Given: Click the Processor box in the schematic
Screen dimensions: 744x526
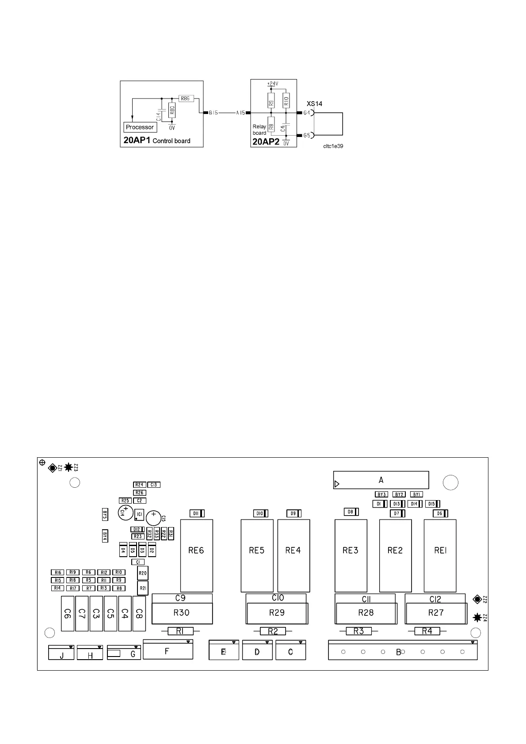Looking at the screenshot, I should (140, 127).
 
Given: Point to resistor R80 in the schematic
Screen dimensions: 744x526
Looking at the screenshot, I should (172, 110).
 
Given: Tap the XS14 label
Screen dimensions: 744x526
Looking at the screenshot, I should (315, 104).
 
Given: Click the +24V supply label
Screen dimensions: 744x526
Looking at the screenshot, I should (272, 84).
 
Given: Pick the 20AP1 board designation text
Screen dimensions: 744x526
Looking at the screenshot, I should (137, 140).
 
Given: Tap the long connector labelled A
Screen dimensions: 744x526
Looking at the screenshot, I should (381, 480).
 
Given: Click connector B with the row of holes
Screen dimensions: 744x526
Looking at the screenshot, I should (402, 652).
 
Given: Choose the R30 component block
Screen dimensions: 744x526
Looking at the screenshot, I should (182, 613).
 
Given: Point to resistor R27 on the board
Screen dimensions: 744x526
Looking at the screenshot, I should (436, 613).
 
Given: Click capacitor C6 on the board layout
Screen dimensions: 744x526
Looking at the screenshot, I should (67, 613).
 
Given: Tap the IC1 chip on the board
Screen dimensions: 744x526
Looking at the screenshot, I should (139, 514).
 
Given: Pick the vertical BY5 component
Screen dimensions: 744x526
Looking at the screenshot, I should (105, 514).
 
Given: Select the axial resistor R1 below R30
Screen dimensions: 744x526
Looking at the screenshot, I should (179, 631).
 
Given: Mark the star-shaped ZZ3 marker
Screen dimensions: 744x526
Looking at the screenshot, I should (69, 467).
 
